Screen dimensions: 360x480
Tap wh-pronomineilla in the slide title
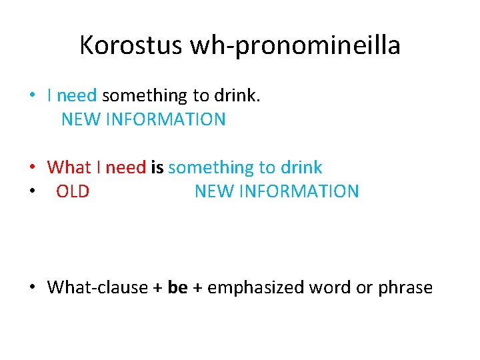pos(295,45)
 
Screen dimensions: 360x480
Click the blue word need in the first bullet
pos(77,95)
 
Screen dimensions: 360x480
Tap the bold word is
pos(157,167)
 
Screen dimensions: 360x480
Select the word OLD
pos(73,191)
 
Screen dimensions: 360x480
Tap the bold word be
pos(178,287)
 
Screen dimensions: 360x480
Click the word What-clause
pos(98,287)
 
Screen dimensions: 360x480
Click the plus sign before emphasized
pos(198,288)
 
